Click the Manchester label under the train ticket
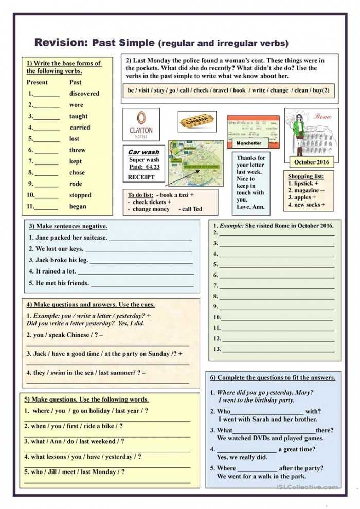249,143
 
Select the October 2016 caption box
311,162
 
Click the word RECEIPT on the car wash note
141,177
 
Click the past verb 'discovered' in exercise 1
84,94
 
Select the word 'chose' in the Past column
77,173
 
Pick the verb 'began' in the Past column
78,207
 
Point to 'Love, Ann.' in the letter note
251,207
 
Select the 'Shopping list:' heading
306,176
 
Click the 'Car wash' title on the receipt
143,152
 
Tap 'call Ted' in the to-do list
190,209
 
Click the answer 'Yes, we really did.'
242,457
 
